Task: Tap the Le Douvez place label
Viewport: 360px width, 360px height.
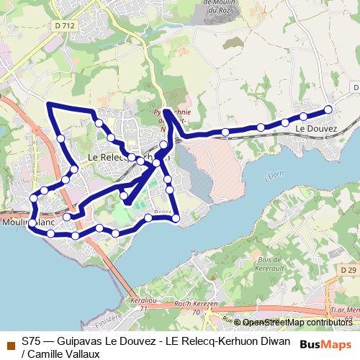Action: pos(315,127)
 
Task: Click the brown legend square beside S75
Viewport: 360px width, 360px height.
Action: pos(9,342)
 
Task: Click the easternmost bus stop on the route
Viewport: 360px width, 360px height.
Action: pos(328,109)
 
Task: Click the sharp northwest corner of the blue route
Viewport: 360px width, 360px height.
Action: pos(48,104)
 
